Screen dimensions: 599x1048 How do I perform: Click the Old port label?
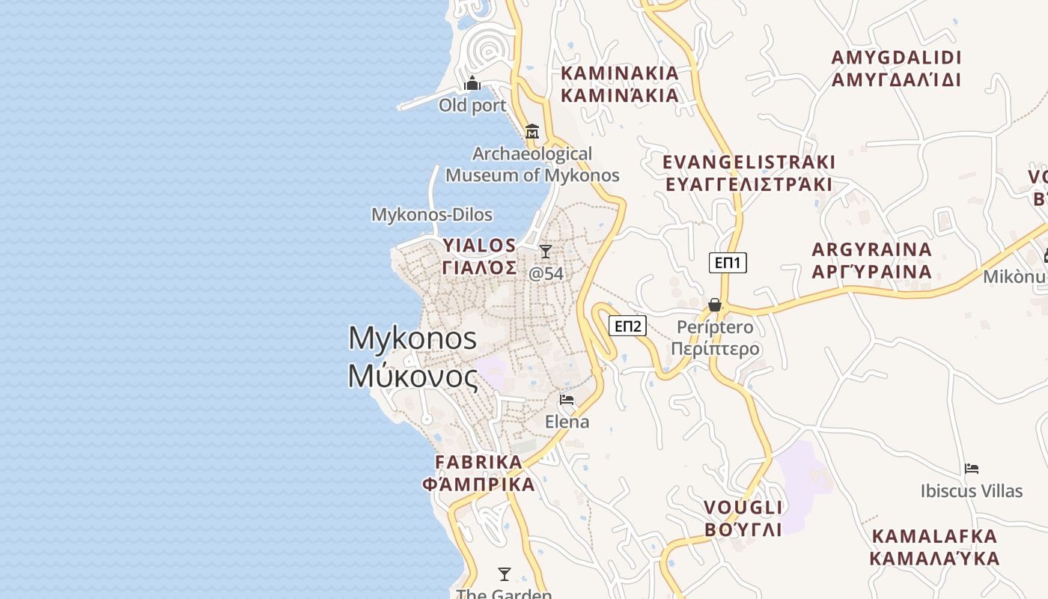pyautogui.click(x=472, y=106)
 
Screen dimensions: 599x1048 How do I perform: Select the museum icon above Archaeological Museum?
pyautogui.click(x=532, y=132)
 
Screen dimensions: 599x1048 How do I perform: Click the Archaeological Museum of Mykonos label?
pyautogui.click(x=532, y=165)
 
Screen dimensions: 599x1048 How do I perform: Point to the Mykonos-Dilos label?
pyautogui.click(x=432, y=215)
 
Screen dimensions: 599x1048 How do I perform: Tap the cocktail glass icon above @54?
pyautogui.click(x=546, y=252)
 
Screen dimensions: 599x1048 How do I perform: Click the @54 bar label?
pyautogui.click(x=546, y=274)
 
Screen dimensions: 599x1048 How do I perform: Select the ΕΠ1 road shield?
pyautogui.click(x=728, y=263)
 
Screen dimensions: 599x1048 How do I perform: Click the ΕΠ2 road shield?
pyautogui.click(x=627, y=326)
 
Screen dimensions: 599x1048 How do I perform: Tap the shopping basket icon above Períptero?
pyautogui.click(x=715, y=305)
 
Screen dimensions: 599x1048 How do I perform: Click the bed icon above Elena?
pyautogui.click(x=567, y=400)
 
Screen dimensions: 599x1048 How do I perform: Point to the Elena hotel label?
pyautogui.click(x=567, y=422)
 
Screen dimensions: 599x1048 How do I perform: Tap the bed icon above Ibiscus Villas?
pyautogui.click(x=972, y=469)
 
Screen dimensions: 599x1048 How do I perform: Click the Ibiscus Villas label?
pyautogui.click(x=972, y=491)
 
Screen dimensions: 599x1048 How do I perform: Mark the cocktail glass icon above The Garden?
pyautogui.click(x=505, y=574)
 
